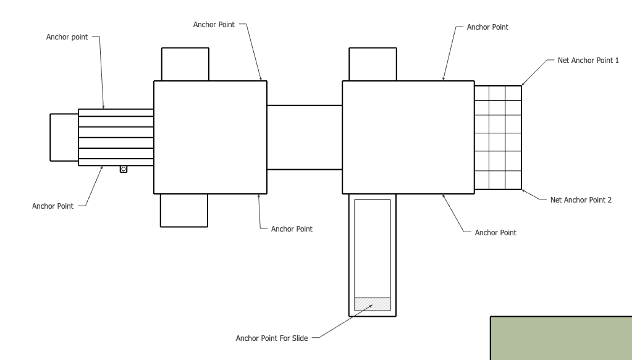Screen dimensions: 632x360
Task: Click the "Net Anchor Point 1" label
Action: [x=588, y=61]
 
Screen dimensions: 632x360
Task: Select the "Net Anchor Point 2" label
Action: [x=581, y=199]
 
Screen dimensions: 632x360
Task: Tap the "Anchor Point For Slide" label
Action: [x=272, y=338]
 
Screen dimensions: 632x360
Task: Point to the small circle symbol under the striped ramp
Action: [x=124, y=169]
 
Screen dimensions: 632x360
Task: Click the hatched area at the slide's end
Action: [x=373, y=304]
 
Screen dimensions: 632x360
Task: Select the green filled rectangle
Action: [x=561, y=338]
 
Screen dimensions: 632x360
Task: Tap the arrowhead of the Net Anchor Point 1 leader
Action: [x=523, y=84]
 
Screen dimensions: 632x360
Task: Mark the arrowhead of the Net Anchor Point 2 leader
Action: [x=523, y=191]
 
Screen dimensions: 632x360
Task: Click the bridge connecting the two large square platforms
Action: [x=305, y=137]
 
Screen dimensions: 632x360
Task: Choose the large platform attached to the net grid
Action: [x=408, y=137]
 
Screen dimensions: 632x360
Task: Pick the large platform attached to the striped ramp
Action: [x=210, y=137]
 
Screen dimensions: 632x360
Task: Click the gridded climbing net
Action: [x=498, y=137]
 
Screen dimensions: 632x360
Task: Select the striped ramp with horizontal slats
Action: [x=116, y=137]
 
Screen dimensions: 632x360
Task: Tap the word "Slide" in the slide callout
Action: [x=300, y=338]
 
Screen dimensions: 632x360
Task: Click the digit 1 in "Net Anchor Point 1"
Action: [x=617, y=61]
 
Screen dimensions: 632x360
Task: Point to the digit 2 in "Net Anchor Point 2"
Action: [x=609, y=199]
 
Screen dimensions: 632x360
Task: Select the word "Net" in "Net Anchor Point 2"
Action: [x=556, y=199]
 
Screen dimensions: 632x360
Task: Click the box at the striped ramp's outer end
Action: [x=64, y=137]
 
